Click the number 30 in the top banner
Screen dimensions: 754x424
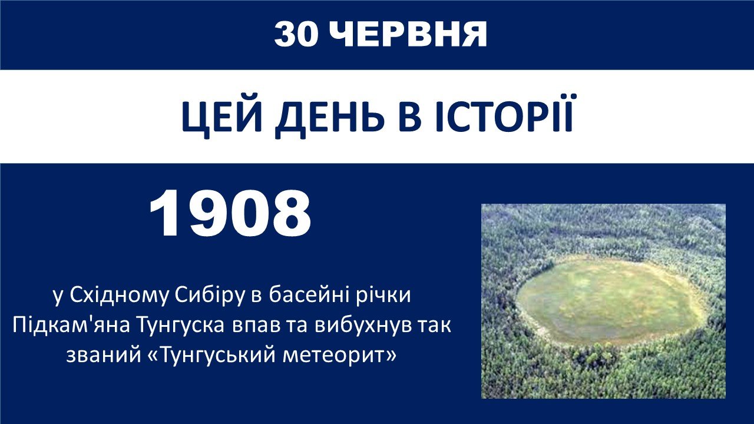coord(296,34)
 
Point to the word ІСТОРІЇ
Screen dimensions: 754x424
coord(504,114)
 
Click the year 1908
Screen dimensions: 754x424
coord(230,213)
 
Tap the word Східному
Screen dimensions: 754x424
coord(118,296)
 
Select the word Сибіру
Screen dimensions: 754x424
coord(209,296)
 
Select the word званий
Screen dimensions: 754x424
coord(104,355)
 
